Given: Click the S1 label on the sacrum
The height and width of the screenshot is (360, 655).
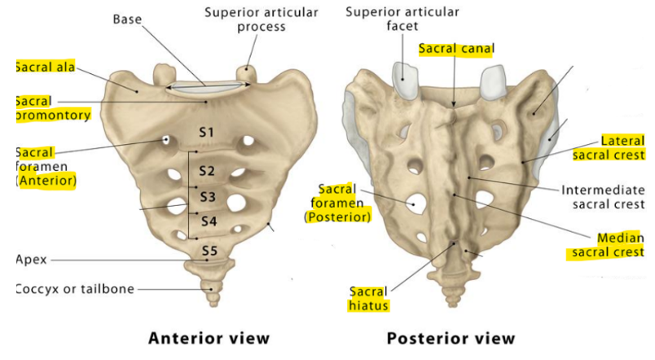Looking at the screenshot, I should (206, 132).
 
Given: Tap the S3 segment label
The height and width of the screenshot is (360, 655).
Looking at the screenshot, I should (208, 196).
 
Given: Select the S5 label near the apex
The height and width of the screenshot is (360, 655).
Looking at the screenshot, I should (209, 251).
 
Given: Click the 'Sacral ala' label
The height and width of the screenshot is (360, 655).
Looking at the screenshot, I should (45, 68).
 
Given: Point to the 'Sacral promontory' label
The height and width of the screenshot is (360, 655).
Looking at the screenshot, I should (52, 108).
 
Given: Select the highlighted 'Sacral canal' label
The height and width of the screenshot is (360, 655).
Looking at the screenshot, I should (455, 49).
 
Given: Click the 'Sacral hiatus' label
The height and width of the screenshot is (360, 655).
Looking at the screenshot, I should (369, 298).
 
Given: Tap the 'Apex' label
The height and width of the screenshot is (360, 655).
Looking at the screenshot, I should (31, 260).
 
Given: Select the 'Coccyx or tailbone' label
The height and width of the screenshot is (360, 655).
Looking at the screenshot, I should (75, 288).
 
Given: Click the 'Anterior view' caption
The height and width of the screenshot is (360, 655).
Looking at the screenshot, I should (209, 338).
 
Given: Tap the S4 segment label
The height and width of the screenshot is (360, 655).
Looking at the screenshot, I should (209, 221).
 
